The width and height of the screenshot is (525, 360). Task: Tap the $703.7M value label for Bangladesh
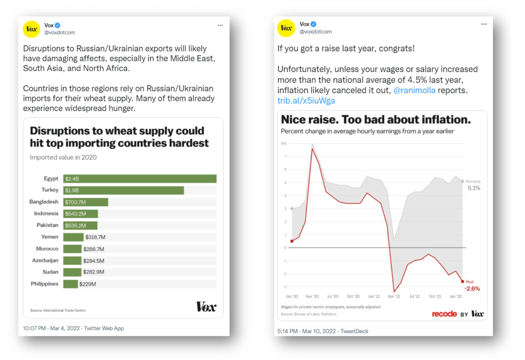click(75, 202)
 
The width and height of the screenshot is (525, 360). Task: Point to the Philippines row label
click(45, 284)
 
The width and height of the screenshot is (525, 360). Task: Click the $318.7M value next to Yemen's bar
click(95, 237)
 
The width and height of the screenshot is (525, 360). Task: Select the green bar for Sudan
click(72, 272)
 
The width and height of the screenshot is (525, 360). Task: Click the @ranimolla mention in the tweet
click(414, 90)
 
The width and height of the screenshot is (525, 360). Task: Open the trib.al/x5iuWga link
click(306, 101)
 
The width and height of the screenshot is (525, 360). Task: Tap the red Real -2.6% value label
click(472, 289)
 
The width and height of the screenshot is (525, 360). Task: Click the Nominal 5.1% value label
click(474, 188)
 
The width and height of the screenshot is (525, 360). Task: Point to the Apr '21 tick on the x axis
click(394, 296)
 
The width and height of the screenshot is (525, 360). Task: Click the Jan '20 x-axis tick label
click(291, 296)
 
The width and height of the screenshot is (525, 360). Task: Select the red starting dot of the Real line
click(292, 241)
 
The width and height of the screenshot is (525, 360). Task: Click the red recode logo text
click(444, 314)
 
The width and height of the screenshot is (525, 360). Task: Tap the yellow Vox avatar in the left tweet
click(31, 29)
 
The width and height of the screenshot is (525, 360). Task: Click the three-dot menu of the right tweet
click(484, 24)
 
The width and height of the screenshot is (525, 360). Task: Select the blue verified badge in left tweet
click(57, 25)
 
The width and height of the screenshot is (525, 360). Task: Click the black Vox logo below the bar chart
click(206, 307)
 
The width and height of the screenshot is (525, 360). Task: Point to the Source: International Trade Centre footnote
click(58, 310)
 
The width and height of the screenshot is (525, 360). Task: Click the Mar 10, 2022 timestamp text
click(319, 331)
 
